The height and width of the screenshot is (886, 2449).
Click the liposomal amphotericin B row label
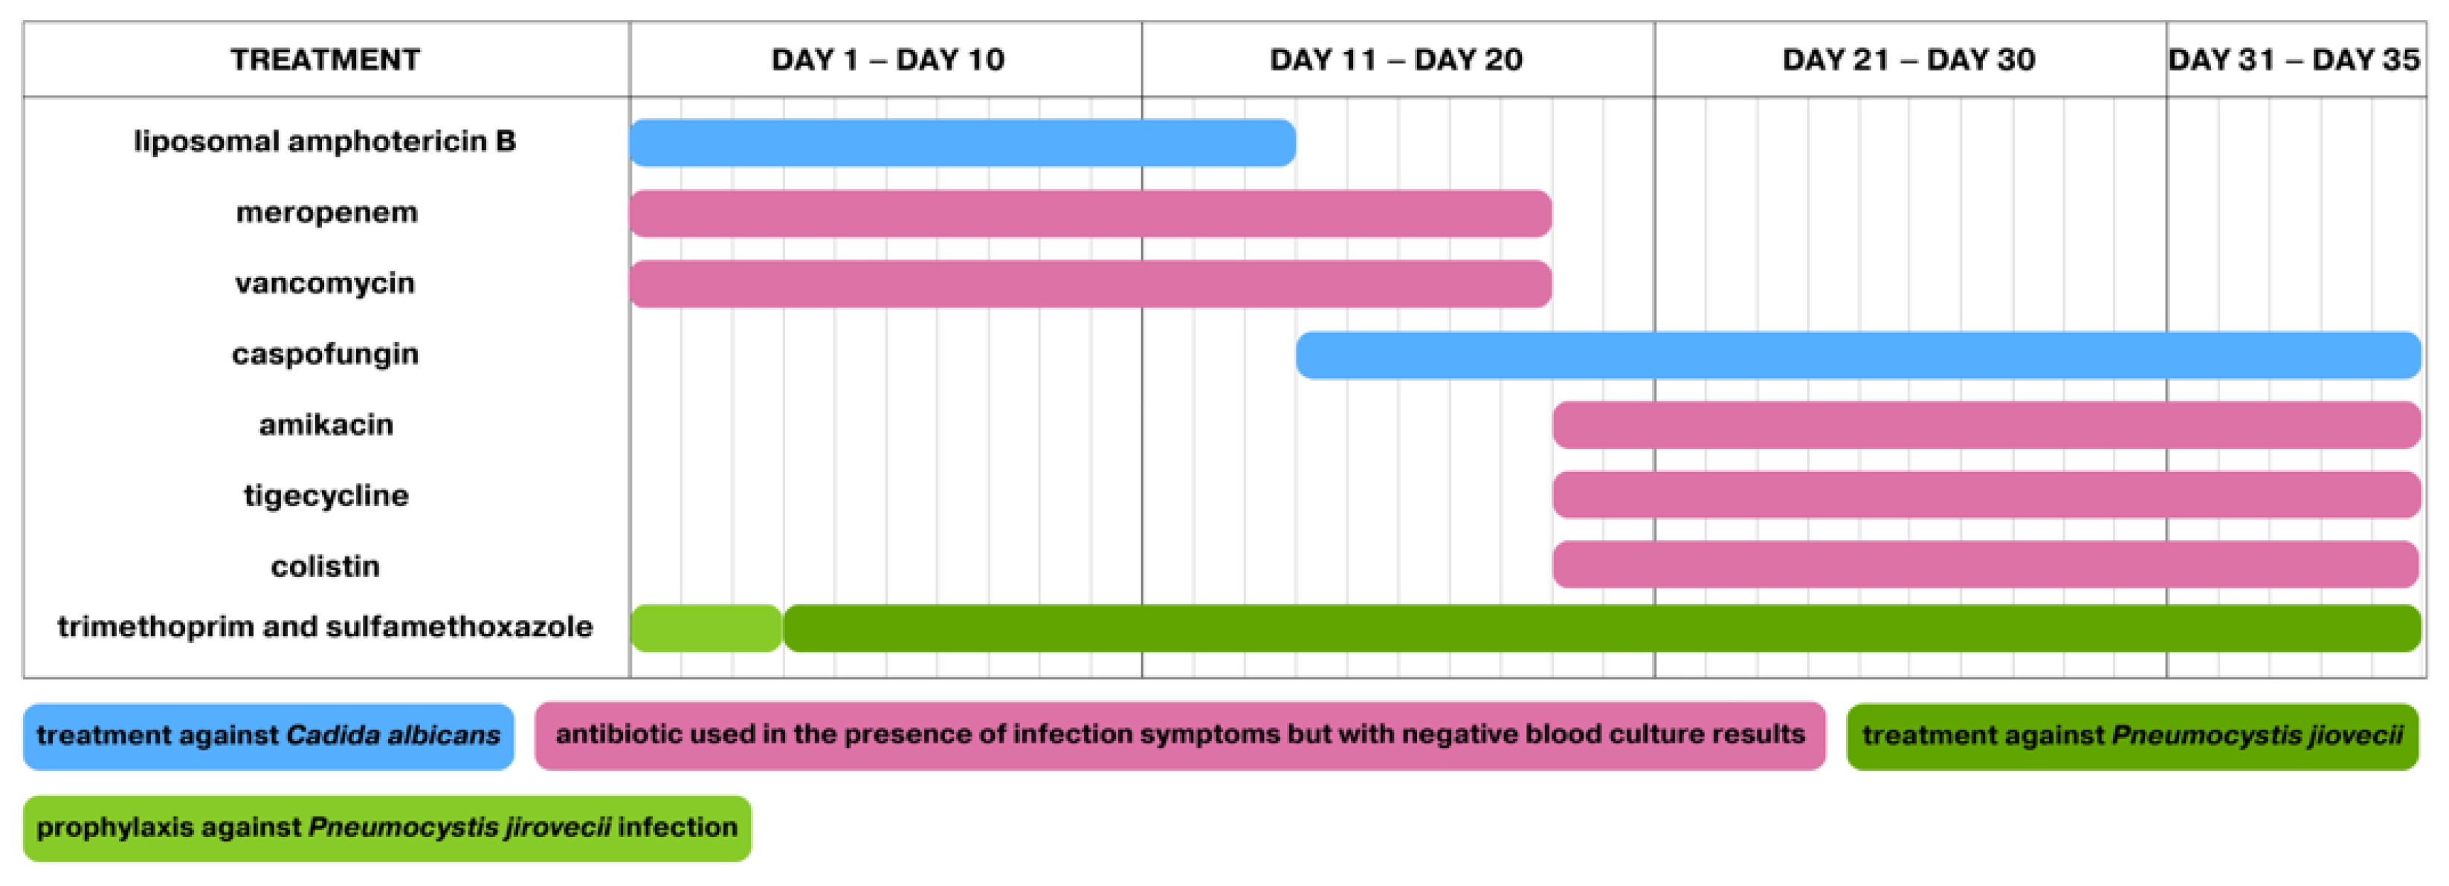click(325, 142)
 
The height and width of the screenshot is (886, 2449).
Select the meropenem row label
click(326, 212)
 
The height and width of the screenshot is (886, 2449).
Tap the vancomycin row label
click(325, 283)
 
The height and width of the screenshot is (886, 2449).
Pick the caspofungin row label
click(325, 355)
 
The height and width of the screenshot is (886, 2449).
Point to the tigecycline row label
click(326, 495)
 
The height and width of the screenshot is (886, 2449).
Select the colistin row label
click(325, 566)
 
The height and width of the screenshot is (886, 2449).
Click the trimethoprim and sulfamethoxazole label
click(325, 627)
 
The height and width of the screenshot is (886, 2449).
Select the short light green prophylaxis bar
click(706, 628)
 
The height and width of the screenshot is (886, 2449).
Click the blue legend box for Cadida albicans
click(268, 736)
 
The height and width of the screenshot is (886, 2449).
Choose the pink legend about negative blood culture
click(1179, 735)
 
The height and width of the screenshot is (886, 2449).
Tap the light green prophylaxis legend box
click(387, 828)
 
